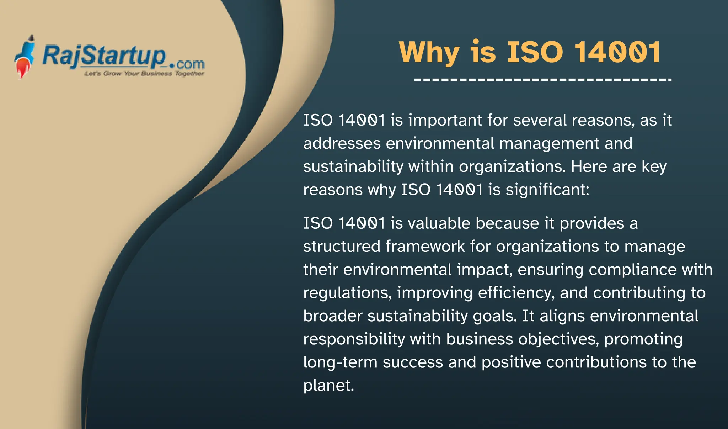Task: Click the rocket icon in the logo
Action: pyautogui.click(x=25, y=57)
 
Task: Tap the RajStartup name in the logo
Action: pyautogui.click(x=104, y=56)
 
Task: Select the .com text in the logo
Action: pyautogui.click(x=187, y=64)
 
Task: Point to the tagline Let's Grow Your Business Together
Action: pyautogui.click(x=144, y=74)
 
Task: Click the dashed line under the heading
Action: pyautogui.click(x=542, y=80)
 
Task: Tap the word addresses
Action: pyautogui.click(x=342, y=143)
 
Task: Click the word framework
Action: pyautogui.click(x=425, y=247)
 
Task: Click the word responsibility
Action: pyautogui.click(x=354, y=339)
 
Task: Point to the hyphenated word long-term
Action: pyautogui.click(x=340, y=362)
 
